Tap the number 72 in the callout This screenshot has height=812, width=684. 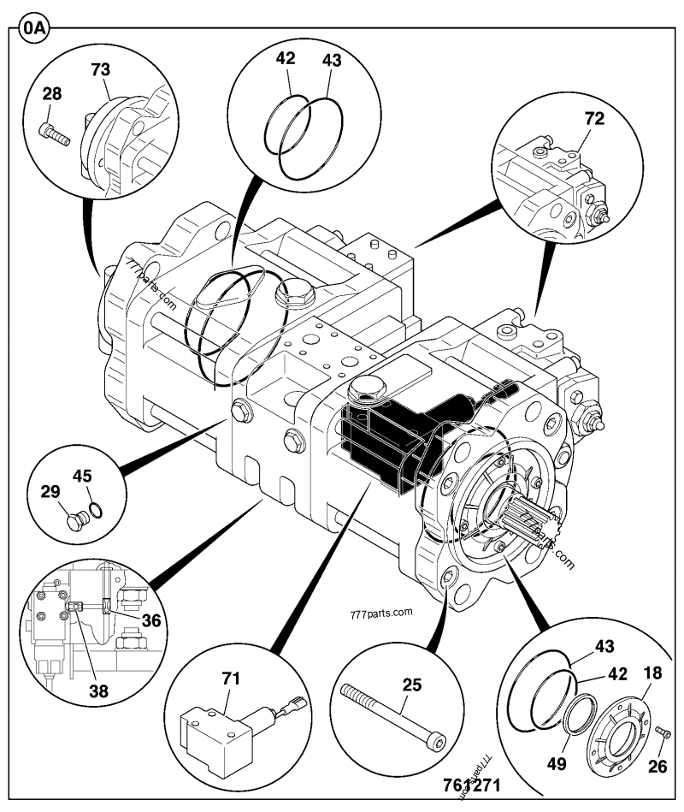pos(594,119)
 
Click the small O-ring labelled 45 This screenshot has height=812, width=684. pos(97,510)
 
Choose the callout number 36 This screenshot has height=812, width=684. pos(150,620)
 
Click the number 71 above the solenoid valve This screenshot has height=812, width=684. pos(231,679)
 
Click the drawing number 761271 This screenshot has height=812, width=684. pos(471,785)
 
